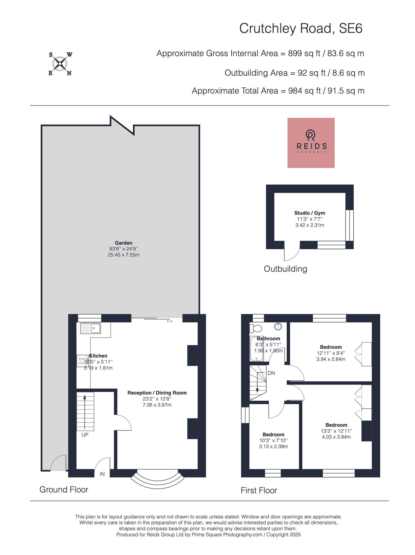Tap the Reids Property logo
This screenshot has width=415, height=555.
[x=311, y=143]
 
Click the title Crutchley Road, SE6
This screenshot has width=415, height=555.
[x=301, y=28]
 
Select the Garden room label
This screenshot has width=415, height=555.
[x=123, y=243]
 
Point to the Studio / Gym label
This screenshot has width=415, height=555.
[x=309, y=213]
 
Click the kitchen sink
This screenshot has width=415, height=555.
[x=91, y=328]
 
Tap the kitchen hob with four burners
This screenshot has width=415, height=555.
[x=82, y=361]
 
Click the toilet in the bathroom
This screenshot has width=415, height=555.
[x=255, y=328]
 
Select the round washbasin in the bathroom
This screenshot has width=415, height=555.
[x=278, y=326]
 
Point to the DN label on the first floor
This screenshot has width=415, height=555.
[x=271, y=373]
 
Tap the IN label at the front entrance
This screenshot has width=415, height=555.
[x=102, y=474]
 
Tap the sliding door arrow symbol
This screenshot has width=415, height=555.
[x=170, y=321]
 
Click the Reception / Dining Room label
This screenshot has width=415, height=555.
[x=157, y=393]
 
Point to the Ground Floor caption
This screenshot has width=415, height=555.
[x=64, y=490]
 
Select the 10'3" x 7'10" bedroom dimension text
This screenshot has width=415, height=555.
[x=273, y=440]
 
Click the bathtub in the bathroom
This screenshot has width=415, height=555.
[x=257, y=349]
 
